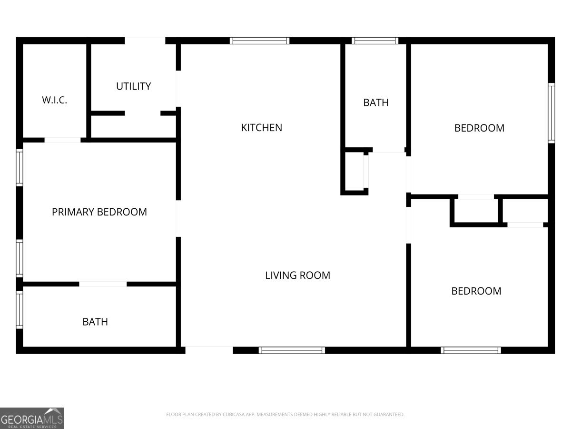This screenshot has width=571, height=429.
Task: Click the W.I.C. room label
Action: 54,100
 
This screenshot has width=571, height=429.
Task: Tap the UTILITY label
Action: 133,86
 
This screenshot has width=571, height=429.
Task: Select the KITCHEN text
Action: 261,128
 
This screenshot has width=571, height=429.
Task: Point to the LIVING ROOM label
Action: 297,276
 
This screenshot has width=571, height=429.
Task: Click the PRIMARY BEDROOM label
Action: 99,212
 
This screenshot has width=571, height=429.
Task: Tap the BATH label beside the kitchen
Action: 376,102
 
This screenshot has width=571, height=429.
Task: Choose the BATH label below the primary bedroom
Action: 95,322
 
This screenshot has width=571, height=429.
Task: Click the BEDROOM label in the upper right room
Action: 479,128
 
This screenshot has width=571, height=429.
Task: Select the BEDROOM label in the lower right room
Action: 476,291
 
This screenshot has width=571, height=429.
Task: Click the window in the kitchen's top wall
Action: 259,41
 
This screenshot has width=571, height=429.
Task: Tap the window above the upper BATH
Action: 375,41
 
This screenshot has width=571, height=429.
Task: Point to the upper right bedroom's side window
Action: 551,113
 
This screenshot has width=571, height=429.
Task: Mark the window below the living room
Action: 292,350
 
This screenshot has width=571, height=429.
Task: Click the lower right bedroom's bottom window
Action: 471,350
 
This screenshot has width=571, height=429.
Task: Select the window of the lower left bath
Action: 20,310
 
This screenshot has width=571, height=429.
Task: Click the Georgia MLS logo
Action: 32,418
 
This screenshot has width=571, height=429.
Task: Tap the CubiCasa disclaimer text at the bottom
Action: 285,414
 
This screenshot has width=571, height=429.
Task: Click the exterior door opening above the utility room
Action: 145,41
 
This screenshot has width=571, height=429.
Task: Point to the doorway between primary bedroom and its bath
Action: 103,284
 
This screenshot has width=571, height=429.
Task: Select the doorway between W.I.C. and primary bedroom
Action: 62,140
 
